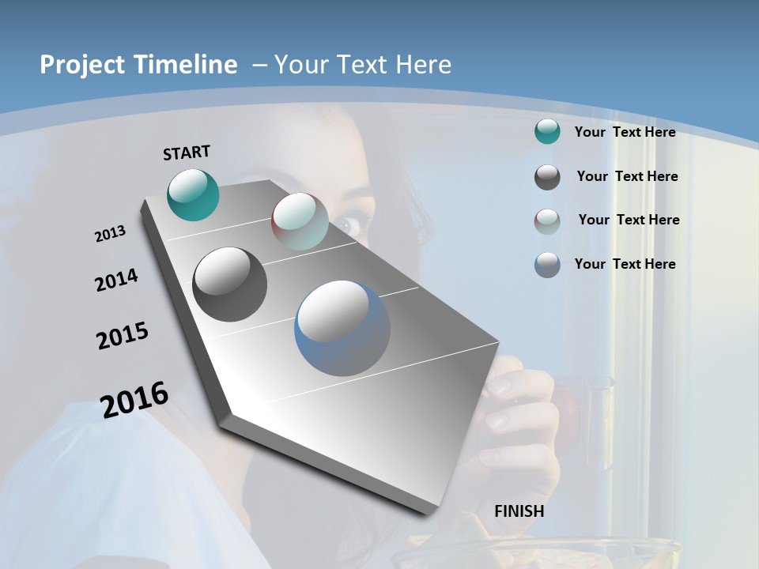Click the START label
187,153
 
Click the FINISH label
519,511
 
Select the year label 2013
110,234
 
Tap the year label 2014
116,280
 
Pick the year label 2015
123,336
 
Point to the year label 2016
134,399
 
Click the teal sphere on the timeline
193,194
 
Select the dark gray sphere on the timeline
229,284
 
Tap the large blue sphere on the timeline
342,328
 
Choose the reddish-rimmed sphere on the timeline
300,221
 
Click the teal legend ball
547,132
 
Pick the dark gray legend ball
547,177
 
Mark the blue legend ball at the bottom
547,265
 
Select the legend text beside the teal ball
625,132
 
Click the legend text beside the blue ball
625,264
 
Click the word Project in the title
81,65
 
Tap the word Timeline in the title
187,65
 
